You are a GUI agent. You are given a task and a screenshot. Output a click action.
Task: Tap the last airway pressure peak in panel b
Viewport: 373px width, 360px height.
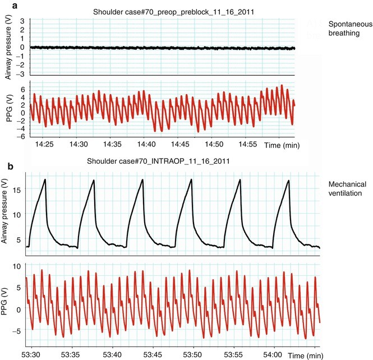click(x=288, y=181)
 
